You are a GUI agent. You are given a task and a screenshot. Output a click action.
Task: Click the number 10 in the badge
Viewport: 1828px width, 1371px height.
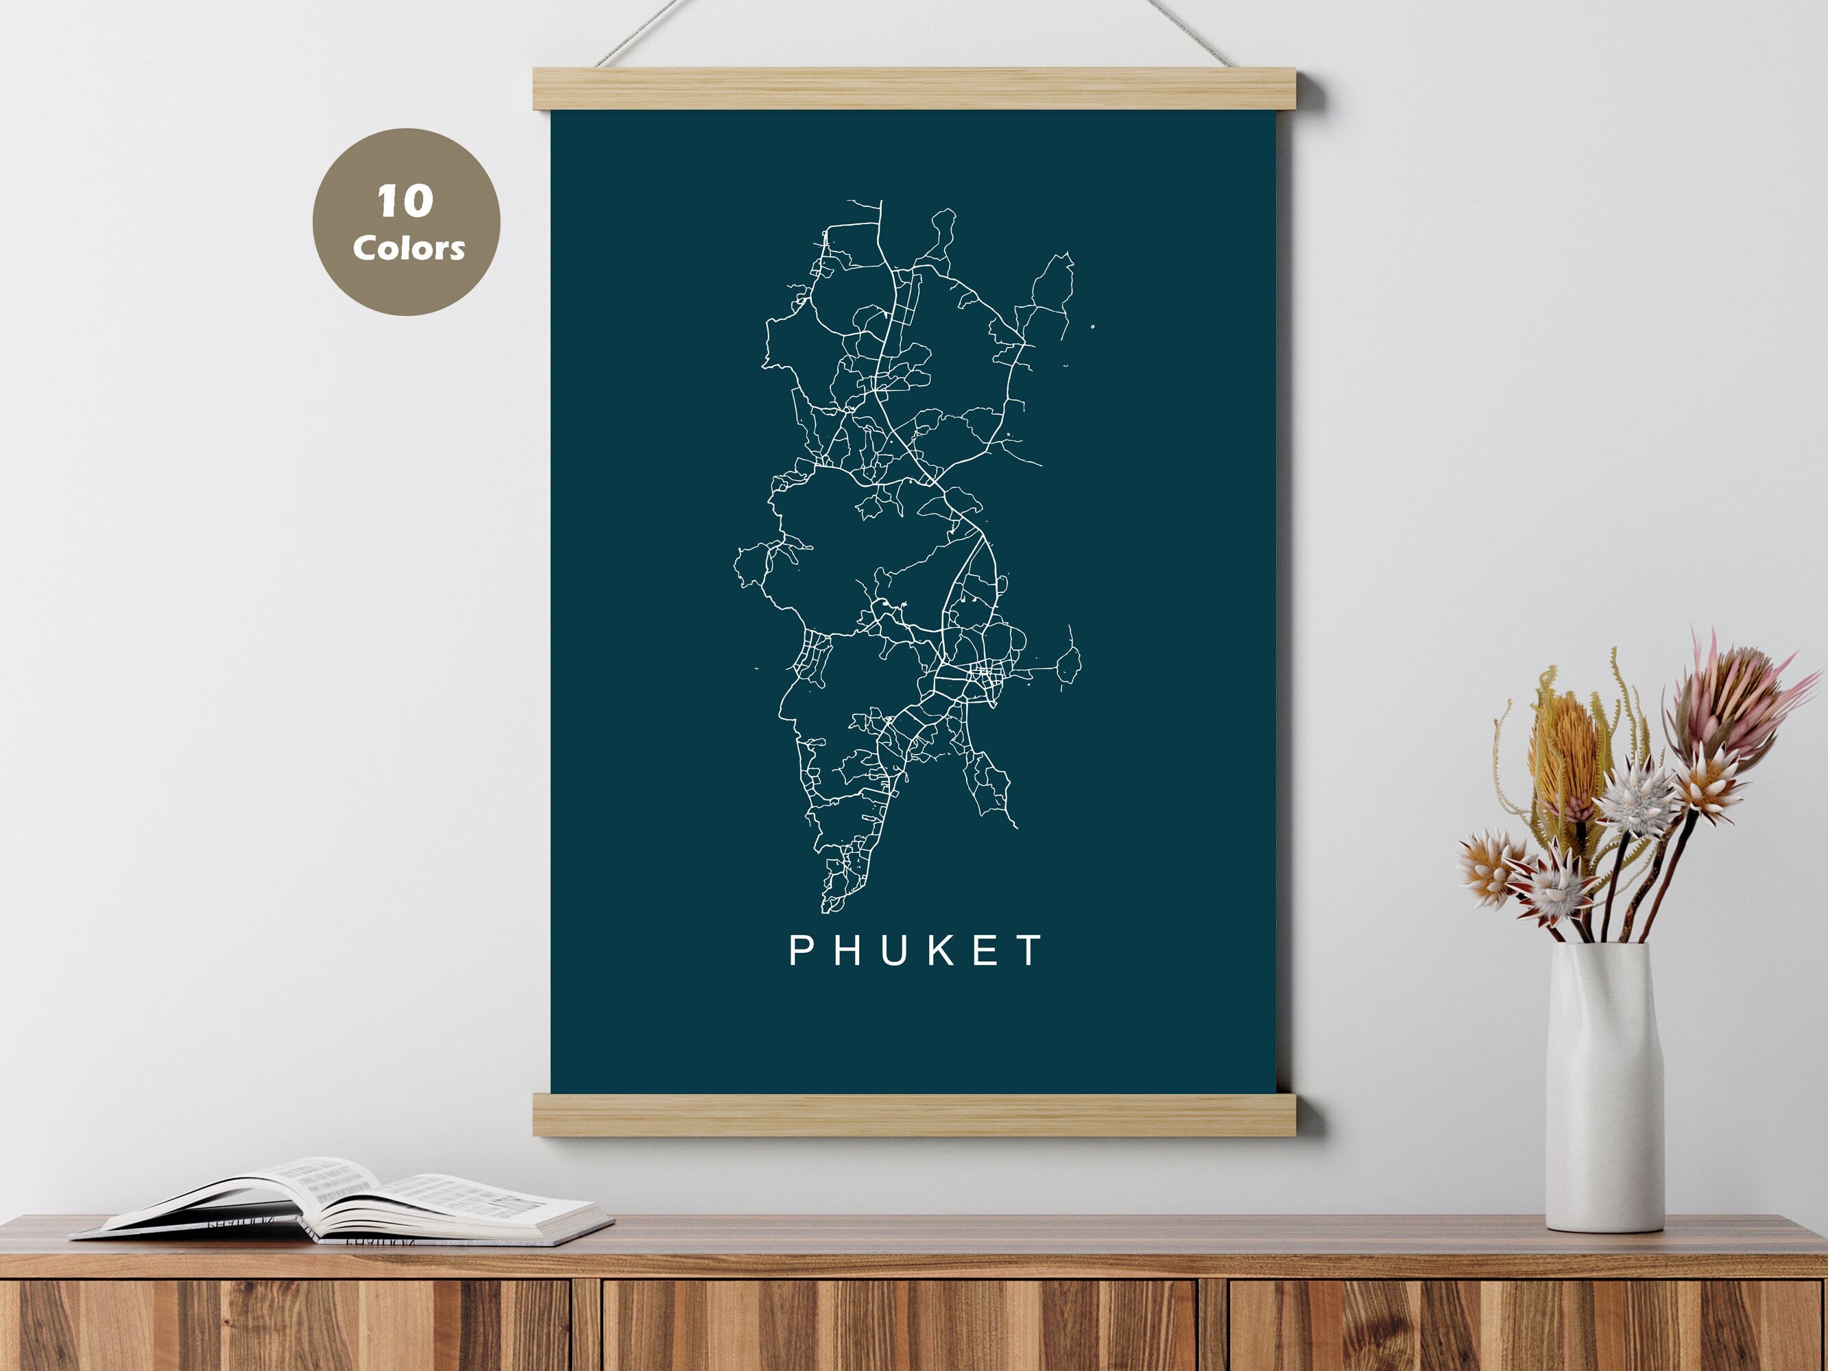(405, 201)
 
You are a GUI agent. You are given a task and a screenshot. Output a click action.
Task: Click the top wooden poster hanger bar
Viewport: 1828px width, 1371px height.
(914, 88)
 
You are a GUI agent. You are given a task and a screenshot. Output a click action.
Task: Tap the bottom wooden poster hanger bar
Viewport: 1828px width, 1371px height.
(914, 1114)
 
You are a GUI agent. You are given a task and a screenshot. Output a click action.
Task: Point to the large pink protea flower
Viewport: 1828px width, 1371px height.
(1727, 703)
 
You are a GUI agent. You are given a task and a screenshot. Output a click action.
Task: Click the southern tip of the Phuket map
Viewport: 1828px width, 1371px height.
(826, 909)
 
